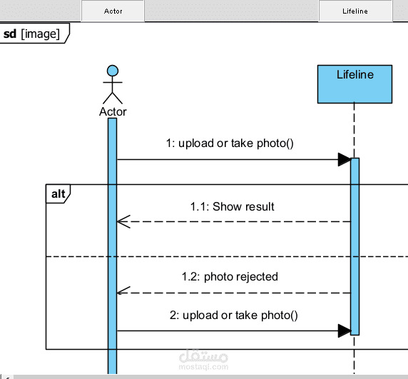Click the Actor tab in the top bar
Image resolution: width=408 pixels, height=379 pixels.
pyautogui.click(x=113, y=11)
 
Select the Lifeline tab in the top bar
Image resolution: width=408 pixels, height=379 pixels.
pyautogui.click(x=355, y=11)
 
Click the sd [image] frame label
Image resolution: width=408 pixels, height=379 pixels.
pyautogui.click(x=31, y=34)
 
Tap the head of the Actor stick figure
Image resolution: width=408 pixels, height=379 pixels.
pyautogui.click(x=113, y=71)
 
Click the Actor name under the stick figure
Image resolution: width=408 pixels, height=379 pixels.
pyautogui.click(x=113, y=111)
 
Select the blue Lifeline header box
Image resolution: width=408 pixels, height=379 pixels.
pyautogui.click(x=355, y=84)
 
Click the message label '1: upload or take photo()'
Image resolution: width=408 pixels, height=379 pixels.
pyautogui.click(x=230, y=143)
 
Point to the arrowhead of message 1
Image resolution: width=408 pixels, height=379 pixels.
pyautogui.click(x=345, y=160)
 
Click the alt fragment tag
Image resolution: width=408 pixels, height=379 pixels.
pyautogui.click(x=58, y=194)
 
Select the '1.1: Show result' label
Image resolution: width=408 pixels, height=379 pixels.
pyautogui.click(x=232, y=207)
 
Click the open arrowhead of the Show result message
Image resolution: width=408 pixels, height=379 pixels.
pyautogui.click(x=123, y=222)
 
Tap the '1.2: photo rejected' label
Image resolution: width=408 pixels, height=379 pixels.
pyautogui.click(x=230, y=277)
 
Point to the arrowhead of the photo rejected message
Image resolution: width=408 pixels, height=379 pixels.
pyautogui.click(x=123, y=291)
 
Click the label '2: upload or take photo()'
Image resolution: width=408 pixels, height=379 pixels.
pyautogui.click(x=234, y=315)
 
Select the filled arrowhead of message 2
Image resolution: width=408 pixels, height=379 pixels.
pyautogui.click(x=345, y=331)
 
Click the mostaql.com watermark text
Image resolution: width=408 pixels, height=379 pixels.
pyautogui.click(x=204, y=367)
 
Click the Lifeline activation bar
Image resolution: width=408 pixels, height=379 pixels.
pyautogui.click(x=355, y=246)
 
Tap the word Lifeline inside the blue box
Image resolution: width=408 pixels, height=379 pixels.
pyautogui.click(x=355, y=75)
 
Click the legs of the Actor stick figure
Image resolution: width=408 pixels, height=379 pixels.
pyautogui.click(x=113, y=98)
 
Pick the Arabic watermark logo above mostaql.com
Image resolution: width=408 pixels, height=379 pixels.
pyautogui.click(x=204, y=356)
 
